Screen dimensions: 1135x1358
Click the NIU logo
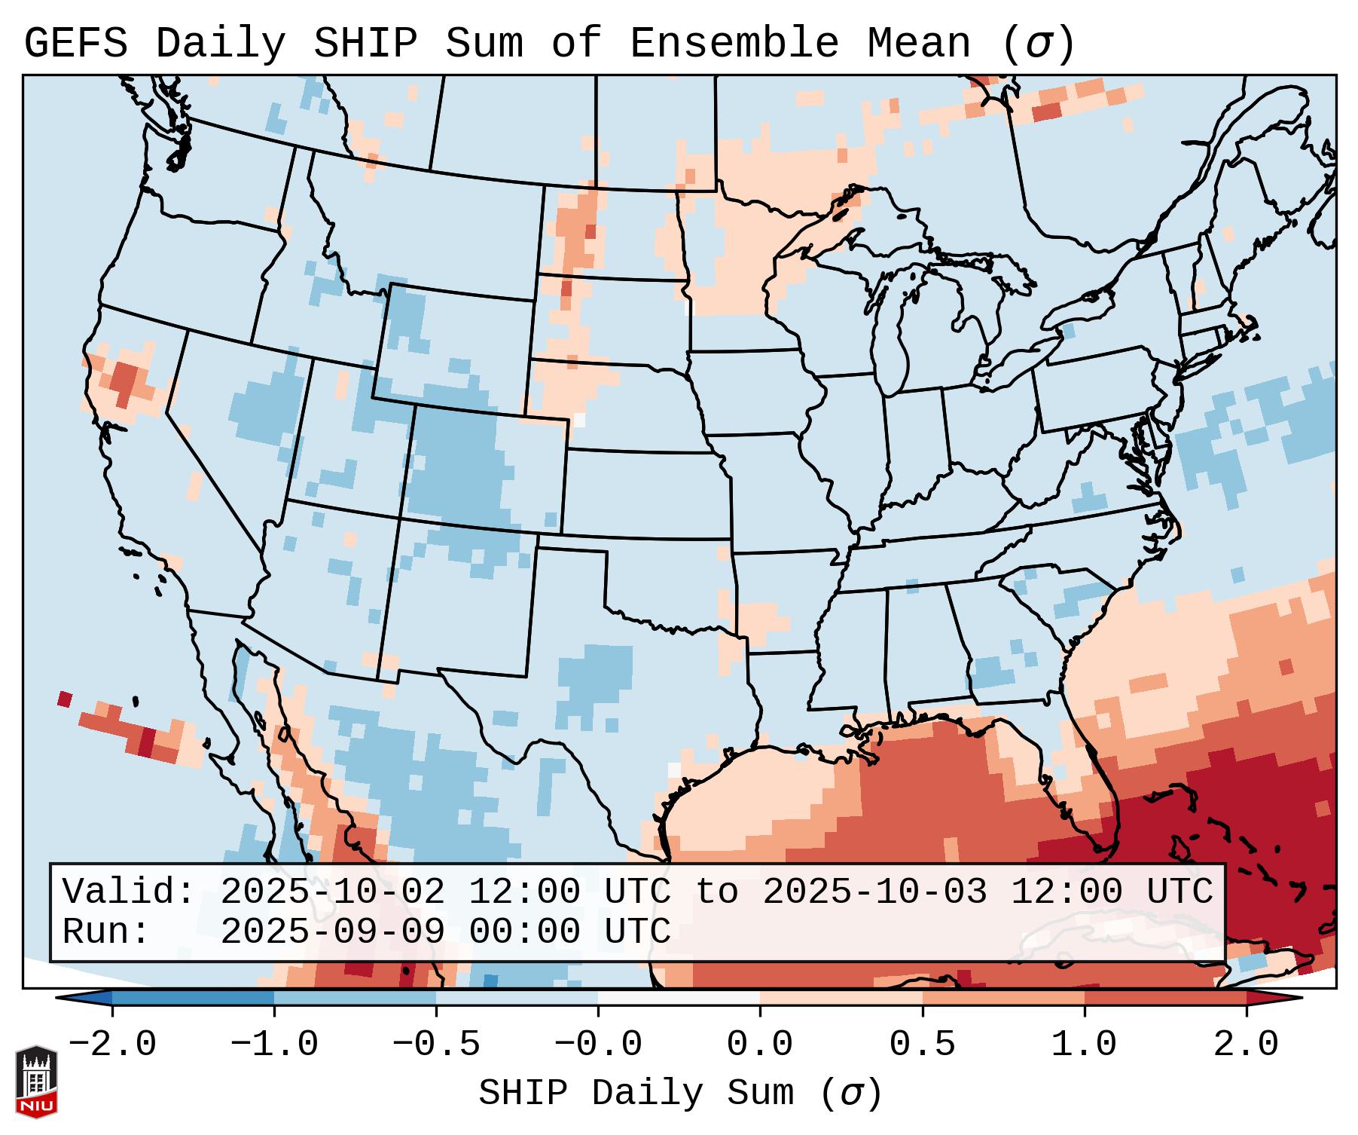36,1081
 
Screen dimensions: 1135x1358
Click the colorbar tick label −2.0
112,1045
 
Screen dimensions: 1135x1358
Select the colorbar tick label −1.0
274,1045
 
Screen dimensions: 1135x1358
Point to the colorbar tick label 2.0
1247,1045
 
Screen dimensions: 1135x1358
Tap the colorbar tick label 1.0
1085,1045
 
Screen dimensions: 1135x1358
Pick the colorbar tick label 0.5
923,1045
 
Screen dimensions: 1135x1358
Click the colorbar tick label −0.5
436,1045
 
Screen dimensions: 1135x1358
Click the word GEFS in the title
76,44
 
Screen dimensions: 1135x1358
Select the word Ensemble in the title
734,44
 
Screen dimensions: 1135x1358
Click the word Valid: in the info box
129,892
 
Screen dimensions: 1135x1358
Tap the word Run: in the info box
106,932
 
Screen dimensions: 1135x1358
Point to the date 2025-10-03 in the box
874,892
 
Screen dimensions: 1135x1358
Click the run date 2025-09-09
332,932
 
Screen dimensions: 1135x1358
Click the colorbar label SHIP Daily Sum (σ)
679,1094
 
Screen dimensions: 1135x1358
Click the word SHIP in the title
365,44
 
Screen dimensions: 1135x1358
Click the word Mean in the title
919,44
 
